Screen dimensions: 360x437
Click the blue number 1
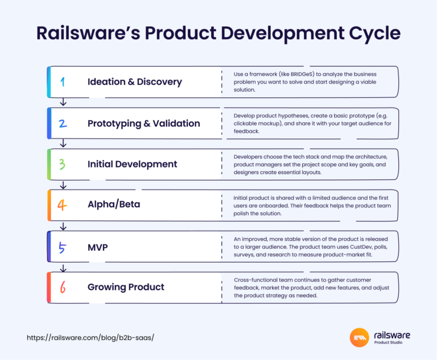(63, 82)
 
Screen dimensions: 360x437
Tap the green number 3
(63, 164)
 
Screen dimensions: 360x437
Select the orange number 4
(63, 205)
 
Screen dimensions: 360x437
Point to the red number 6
(63, 287)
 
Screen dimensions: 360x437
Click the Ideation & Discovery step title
(135, 81)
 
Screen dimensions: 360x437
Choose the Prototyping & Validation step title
(143, 123)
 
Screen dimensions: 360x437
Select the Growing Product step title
(126, 287)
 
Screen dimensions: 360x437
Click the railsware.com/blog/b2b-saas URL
(90, 337)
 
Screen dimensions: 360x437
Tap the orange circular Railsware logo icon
(360, 337)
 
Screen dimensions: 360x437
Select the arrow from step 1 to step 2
(64, 102)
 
